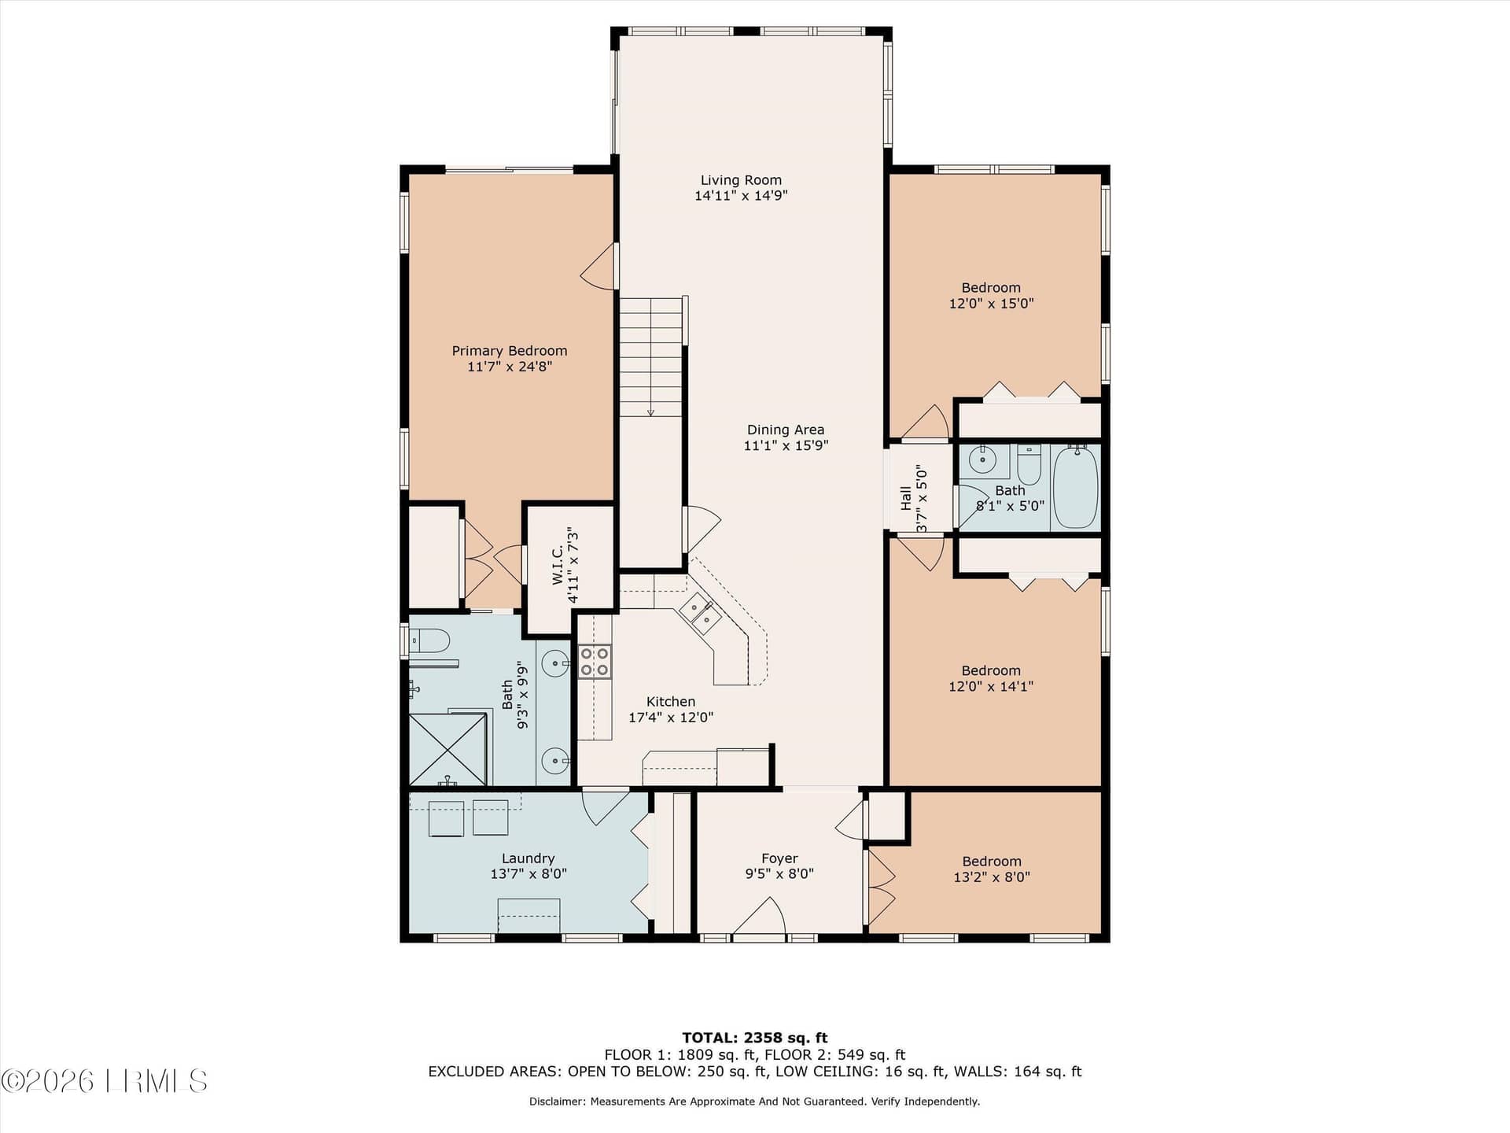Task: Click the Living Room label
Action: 741,180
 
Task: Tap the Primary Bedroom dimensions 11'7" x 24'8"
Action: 510,367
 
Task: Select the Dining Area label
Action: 786,430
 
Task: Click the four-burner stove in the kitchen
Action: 595,661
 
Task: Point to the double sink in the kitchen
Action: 700,614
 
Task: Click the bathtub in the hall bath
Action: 1075,487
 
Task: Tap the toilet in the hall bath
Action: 1029,465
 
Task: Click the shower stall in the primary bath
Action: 447,749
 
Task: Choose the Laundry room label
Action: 528,858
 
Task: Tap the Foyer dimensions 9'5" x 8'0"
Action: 779,873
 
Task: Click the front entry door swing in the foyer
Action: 759,917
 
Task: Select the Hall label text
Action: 906,498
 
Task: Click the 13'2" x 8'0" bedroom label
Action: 992,869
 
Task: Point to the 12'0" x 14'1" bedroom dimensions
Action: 991,686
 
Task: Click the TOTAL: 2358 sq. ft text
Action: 755,1038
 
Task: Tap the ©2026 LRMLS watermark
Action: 105,1081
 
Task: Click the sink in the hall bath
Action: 983,459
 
